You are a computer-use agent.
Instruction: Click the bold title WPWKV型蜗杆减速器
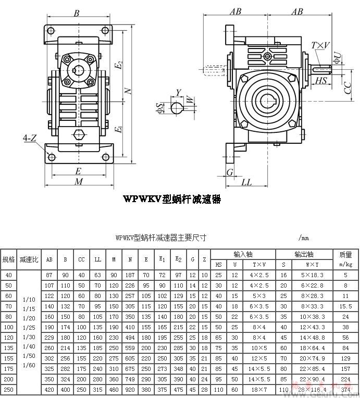171,199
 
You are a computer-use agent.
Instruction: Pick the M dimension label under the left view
79,181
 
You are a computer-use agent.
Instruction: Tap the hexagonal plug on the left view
79,135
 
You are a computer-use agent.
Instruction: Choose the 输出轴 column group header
303,254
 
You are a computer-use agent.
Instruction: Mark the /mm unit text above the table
304,238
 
